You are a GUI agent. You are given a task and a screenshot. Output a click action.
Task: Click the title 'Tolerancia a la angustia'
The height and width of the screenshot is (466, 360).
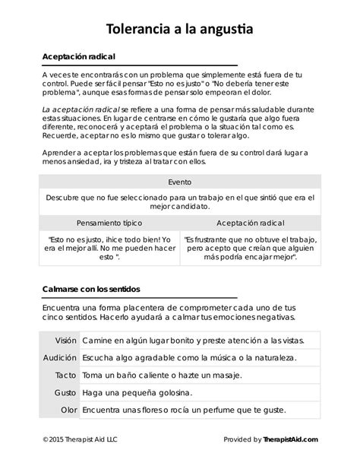pyautogui.click(x=179, y=29)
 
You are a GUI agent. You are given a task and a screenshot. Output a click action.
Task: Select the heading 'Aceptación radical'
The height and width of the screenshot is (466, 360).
pyautogui.click(x=78, y=58)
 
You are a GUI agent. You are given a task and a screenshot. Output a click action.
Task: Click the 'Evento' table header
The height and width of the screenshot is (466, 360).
pyautogui.click(x=180, y=182)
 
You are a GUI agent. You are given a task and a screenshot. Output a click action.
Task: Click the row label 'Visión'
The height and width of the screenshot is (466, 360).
pyautogui.click(x=65, y=339)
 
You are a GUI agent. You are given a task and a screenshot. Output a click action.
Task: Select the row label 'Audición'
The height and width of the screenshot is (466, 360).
pyautogui.click(x=60, y=357)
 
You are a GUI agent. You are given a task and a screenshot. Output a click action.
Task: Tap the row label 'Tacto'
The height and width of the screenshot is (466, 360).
pyautogui.click(x=65, y=375)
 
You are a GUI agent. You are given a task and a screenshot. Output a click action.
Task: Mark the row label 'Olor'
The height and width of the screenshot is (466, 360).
pyautogui.click(x=68, y=410)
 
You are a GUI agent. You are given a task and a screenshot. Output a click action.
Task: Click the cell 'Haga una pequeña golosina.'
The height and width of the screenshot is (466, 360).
pyautogui.click(x=137, y=392)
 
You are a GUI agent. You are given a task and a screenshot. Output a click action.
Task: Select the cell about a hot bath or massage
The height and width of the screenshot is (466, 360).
pyautogui.click(x=161, y=375)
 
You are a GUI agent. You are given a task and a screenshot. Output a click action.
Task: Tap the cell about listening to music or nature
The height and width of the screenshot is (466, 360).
pyautogui.click(x=188, y=357)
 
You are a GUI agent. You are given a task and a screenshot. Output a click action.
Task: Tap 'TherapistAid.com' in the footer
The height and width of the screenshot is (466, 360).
pyautogui.click(x=291, y=439)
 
